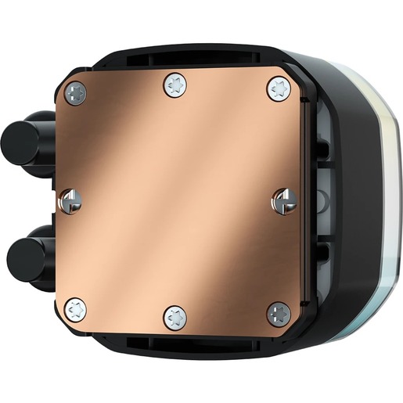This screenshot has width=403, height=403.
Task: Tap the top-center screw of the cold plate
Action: [x=175, y=85]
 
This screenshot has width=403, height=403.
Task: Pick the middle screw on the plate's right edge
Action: [x=283, y=203]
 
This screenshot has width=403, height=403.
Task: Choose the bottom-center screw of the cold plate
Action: [x=175, y=317]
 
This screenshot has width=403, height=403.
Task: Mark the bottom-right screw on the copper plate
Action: [x=278, y=314]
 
